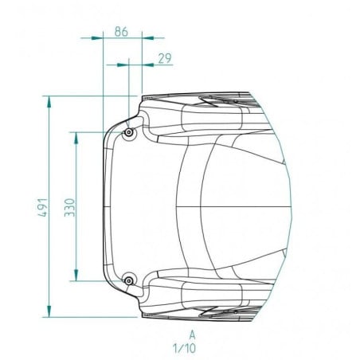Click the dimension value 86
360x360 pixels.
pos(121,32)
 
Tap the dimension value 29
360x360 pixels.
pos(165,58)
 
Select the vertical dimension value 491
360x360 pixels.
pos(43,207)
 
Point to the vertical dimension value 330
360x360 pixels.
pos(70,207)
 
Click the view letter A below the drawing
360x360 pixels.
pos(192,335)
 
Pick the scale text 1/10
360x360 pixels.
pos(185,348)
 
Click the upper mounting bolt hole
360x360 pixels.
pos(129,132)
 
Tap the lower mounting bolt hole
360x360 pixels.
pos(129,280)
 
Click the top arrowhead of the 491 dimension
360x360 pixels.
pos(49,102)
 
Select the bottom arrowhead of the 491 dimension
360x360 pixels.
pos(49,311)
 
